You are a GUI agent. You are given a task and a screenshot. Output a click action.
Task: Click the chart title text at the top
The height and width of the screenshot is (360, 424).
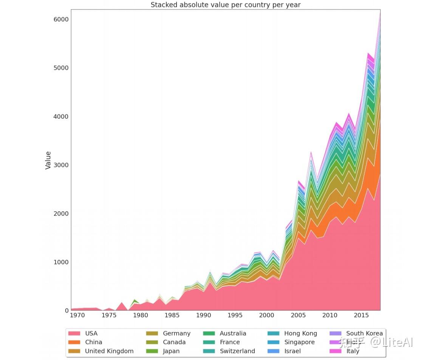pyautogui.click(x=226, y=5)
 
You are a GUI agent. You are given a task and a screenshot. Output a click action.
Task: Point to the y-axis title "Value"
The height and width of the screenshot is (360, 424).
pyautogui.click(x=48, y=160)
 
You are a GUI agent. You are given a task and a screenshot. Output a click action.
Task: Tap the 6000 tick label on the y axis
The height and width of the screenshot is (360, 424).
pyautogui.click(x=61, y=19)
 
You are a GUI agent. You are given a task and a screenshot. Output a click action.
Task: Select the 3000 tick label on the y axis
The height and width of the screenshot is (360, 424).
pyautogui.click(x=61, y=165)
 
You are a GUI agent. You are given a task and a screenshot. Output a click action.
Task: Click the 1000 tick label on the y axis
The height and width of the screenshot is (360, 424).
pyautogui.click(x=61, y=262)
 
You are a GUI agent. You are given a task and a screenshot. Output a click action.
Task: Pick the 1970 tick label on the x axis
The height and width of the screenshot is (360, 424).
pyautogui.click(x=77, y=315)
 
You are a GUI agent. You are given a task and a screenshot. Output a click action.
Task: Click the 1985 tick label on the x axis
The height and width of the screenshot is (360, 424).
pyautogui.click(x=172, y=315)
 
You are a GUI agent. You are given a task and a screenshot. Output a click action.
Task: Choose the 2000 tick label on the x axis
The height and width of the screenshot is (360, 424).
pyautogui.click(x=267, y=315)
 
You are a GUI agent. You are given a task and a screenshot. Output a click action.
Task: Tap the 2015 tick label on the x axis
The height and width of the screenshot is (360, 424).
pyautogui.click(x=361, y=315)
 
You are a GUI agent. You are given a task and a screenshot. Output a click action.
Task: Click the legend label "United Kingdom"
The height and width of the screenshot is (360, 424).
pyautogui.click(x=109, y=351)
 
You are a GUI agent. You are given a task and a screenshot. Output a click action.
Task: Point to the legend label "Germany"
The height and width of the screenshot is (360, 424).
pyautogui.click(x=176, y=334)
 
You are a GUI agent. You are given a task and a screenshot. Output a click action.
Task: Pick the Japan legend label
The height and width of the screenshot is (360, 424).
pyautogui.click(x=171, y=351)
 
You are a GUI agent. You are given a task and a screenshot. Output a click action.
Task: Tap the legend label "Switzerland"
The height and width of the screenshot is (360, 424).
pyautogui.click(x=237, y=351)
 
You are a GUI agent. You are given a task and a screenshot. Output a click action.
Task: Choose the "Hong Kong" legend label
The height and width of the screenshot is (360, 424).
pyautogui.click(x=300, y=334)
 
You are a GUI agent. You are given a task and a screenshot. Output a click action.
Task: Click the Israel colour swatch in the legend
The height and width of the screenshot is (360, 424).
pyautogui.click(x=273, y=351)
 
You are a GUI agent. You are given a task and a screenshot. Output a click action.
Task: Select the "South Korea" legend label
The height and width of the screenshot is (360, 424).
pyautogui.click(x=364, y=334)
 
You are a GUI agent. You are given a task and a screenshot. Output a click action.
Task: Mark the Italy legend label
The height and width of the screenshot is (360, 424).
pyautogui.click(x=353, y=351)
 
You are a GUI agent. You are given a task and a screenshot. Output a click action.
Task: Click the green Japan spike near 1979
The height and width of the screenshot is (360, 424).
pyautogui.click(x=135, y=302)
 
